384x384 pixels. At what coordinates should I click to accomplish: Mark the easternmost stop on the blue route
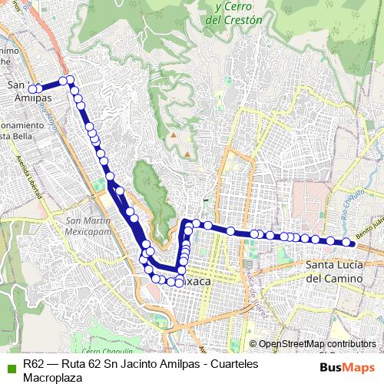[x=347, y=243]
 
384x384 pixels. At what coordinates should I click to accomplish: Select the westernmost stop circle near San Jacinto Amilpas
[x=32, y=89]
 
